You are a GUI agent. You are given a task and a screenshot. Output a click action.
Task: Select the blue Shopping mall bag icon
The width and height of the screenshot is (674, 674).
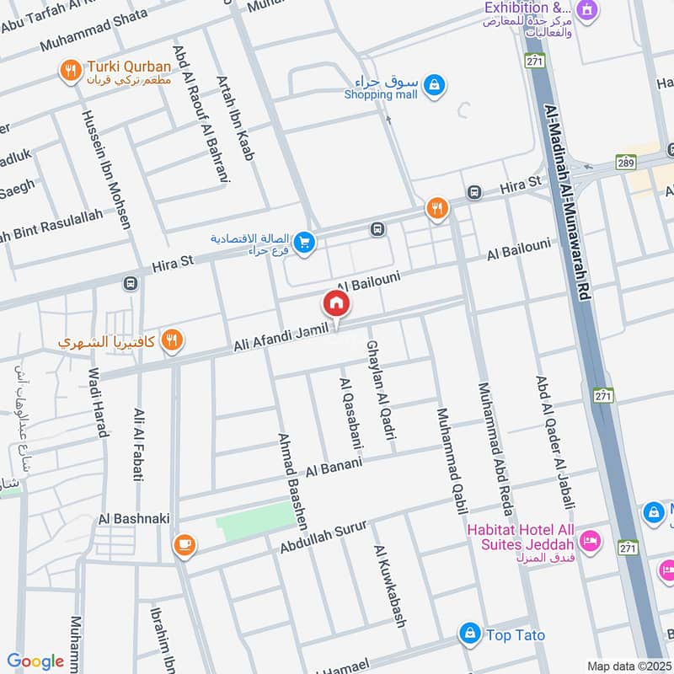pyautogui.click(x=434, y=84)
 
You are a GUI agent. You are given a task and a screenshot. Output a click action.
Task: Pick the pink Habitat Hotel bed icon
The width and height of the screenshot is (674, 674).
pyautogui.click(x=591, y=540)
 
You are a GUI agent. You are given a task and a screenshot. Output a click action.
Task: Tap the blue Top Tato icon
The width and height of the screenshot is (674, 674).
pyautogui.click(x=469, y=632)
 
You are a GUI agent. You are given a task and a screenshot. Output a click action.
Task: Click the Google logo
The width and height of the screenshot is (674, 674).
pyautogui.click(x=35, y=662)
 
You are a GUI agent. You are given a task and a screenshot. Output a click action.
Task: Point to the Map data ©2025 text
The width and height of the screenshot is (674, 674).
pyautogui.click(x=628, y=666)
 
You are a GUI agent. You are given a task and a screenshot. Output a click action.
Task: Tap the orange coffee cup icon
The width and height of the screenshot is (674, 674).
pyautogui.click(x=183, y=546)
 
